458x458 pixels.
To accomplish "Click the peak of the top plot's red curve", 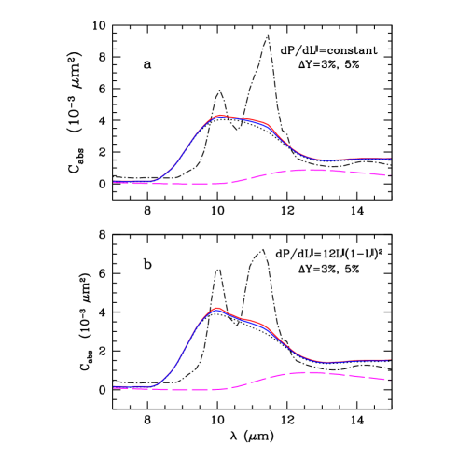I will click(x=220, y=116).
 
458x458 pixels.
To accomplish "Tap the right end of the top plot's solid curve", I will click(x=390, y=159).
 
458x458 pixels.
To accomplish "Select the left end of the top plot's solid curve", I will click(x=114, y=181).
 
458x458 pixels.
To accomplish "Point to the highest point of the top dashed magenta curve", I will click(x=311, y=170).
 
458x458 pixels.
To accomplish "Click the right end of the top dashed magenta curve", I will click(x=386, y=175).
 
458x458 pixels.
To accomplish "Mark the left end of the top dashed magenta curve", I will click(x=114, y=183).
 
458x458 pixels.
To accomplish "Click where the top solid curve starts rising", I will click(x=155, y=180).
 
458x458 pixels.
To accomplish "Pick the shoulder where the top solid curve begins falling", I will click(x=269, y=124).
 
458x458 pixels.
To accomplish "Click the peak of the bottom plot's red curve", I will click(x=217, y=307).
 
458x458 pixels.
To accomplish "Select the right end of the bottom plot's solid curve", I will click(x=389, y=360).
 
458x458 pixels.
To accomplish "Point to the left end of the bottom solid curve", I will click(x=114, y=386).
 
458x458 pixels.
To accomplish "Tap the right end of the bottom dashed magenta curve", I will click(x=386, y=380).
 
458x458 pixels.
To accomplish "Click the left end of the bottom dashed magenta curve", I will click(x=114, y=388).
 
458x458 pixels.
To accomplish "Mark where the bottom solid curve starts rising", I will click(x=152, y=385).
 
